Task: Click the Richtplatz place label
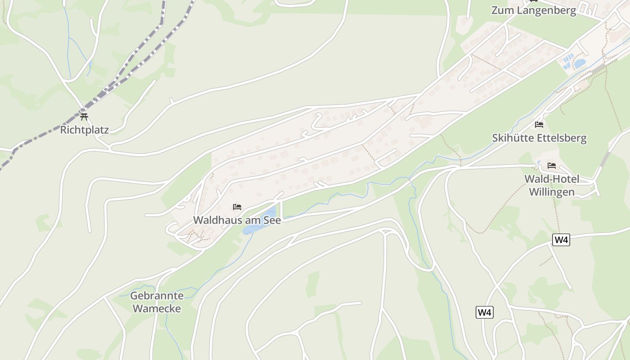coord(85,130)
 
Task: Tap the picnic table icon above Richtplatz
coord(84,117)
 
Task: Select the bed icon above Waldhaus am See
coord(237,207)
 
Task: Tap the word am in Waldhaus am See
coord(249,220)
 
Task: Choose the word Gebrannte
coord(157,296)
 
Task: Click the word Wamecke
coord(157,309)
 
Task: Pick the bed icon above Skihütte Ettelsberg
coord(539,125)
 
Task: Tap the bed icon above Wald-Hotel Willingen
coord(552,166)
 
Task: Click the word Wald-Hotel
coord(552,179)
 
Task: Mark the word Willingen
coord(552,192)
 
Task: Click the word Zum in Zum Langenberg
coord(502,10)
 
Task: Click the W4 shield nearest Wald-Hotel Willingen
coord(561,240)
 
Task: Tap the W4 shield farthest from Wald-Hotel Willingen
coord(485,312)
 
